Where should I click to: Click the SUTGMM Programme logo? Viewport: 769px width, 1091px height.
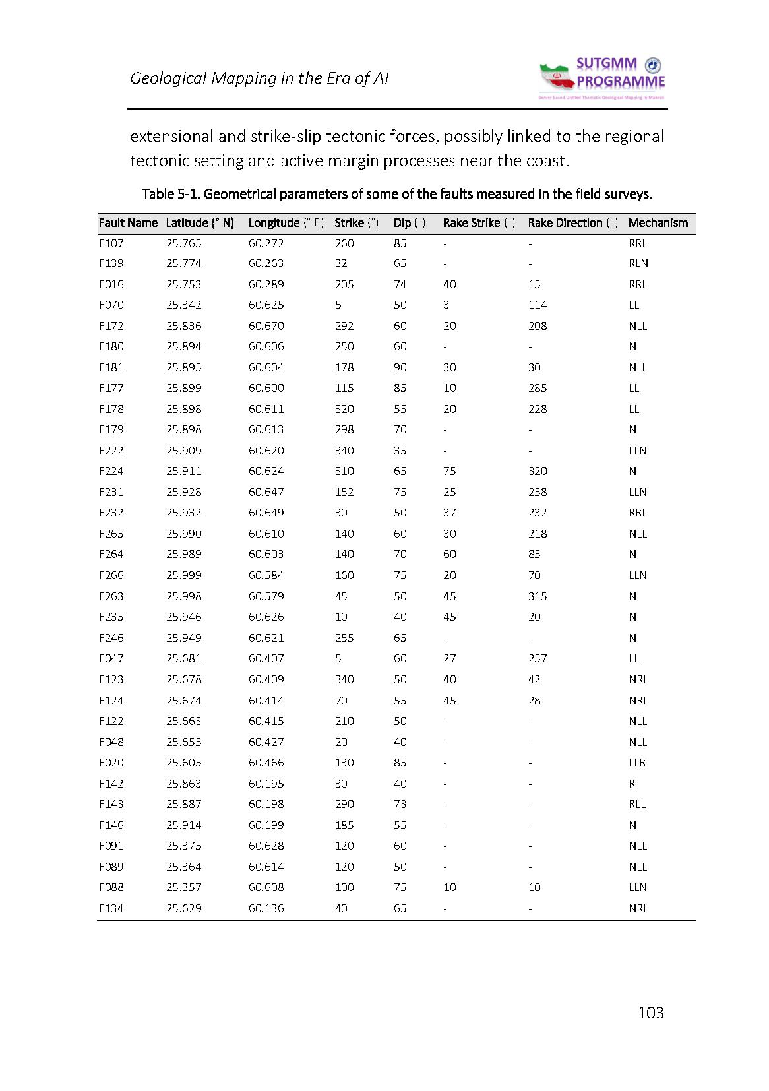tap(602, 78)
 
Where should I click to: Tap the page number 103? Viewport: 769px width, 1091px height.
tap(650, 1013)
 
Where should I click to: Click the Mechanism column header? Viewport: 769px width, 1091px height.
tap(658, 223)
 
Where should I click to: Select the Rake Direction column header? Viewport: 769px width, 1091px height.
tap(572, 223)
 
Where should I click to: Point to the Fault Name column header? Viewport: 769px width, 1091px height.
tap(128, 223)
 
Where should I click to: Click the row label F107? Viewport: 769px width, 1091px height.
tap(111, 243)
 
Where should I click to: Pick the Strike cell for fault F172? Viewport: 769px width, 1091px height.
tap(344, 326)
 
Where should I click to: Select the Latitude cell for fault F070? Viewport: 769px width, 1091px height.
tap(184, 305)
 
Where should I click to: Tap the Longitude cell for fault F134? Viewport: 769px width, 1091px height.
tap(266, 908)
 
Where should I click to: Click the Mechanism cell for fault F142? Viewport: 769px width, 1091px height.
tap(632, 784)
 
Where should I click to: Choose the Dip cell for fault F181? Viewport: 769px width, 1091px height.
tap(400, 367)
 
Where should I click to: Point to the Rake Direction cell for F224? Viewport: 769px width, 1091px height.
tap(538, 471)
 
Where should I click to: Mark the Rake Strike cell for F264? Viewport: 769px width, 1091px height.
tap(449, 554)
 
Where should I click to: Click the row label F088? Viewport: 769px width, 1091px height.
tap(111, 887)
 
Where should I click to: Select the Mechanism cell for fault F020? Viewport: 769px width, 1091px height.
tap(636, 763)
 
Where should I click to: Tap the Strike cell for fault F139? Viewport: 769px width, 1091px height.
tap(340, 263)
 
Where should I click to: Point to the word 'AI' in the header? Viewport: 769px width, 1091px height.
tap(381, 78)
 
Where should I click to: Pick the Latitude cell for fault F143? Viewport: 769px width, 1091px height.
tap(184, 804)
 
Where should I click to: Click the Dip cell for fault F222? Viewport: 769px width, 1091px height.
tap(400, 451)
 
